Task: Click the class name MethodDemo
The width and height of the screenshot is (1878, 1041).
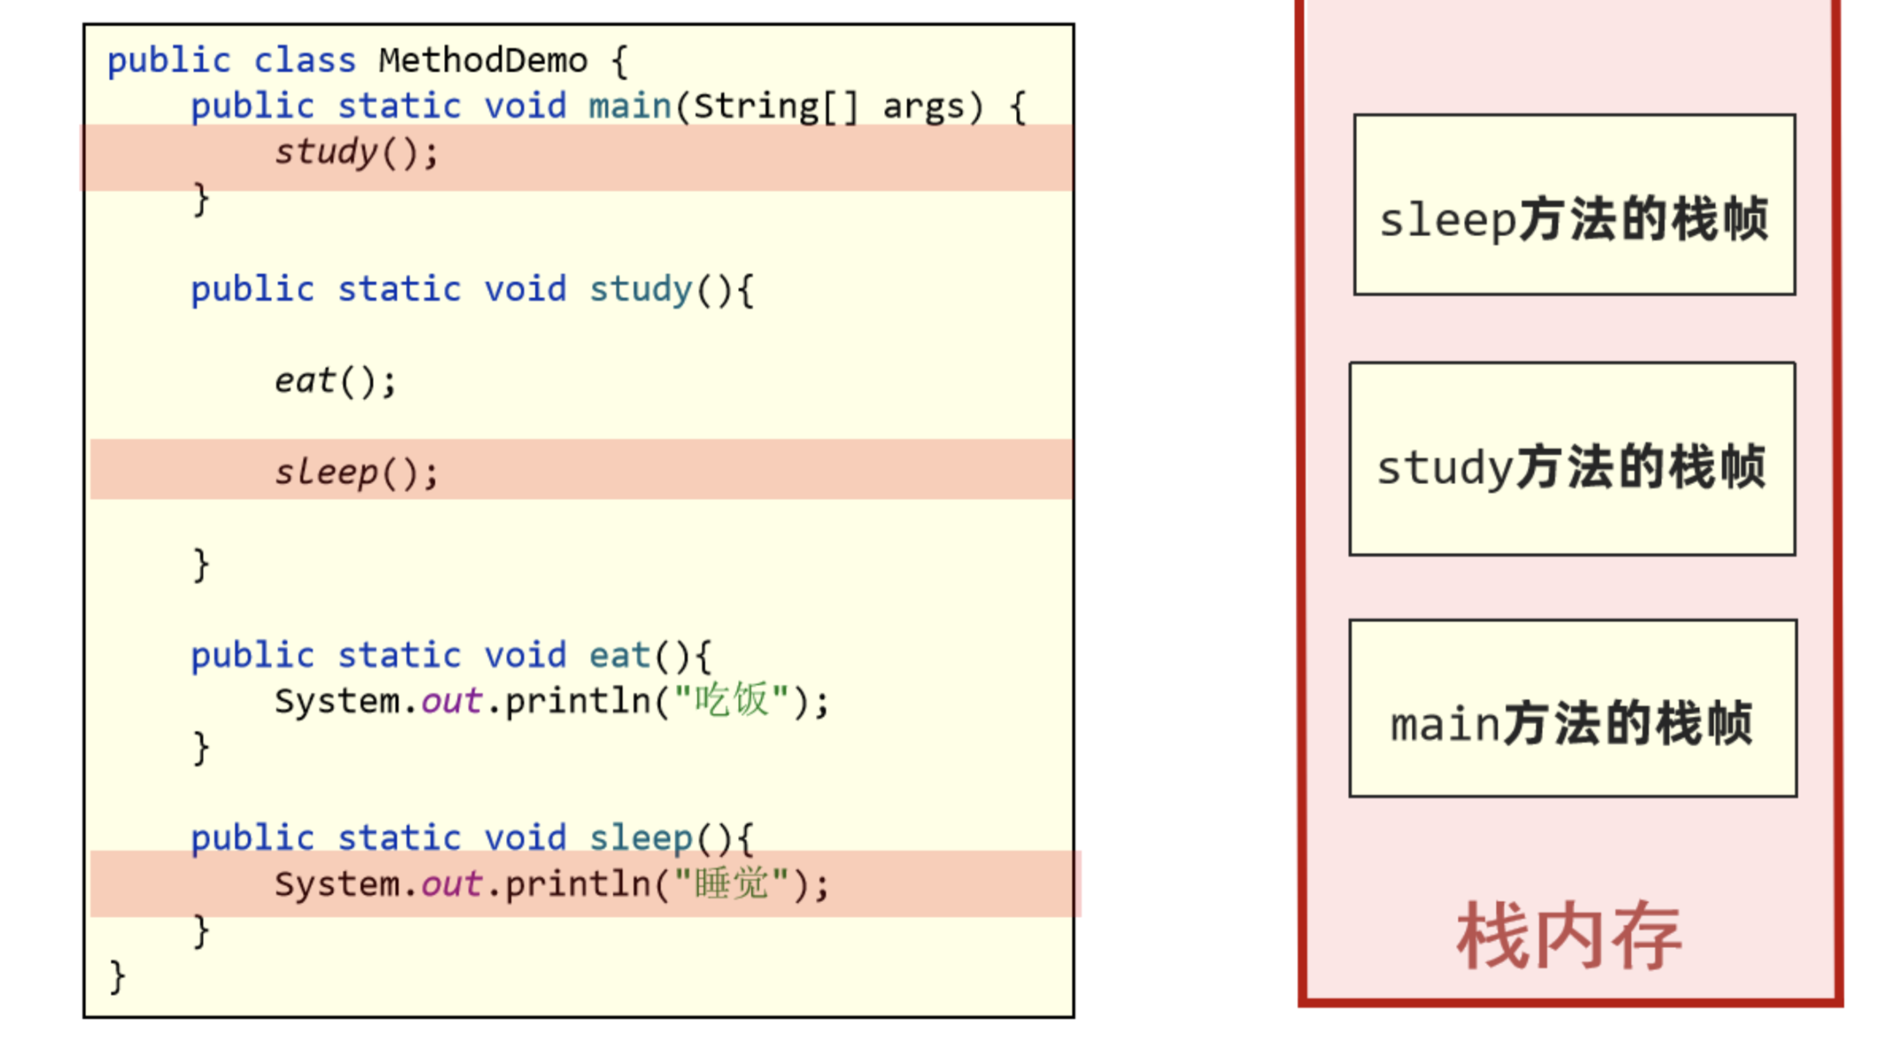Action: click(x=482, y=61)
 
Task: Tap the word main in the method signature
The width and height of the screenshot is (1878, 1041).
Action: click(x=629, y=106)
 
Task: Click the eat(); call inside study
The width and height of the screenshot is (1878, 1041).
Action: click(x=335, y=382)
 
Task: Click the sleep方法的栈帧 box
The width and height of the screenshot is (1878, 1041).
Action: click(x=1574, y=205)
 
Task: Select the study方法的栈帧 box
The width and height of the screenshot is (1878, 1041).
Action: click(x=1572, y=459)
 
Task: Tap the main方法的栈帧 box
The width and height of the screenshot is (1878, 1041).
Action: click(x=1572, y=709)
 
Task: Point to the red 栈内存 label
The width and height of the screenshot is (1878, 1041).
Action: click(x=1568, y=937)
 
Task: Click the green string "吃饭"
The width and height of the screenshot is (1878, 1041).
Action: click(x=731, y=701)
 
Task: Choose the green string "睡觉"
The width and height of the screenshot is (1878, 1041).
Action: click(x=731, y=884)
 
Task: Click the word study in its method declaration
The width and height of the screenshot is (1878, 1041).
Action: click(x=641, y=289)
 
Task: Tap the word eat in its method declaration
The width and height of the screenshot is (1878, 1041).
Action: click(x=620, y=656)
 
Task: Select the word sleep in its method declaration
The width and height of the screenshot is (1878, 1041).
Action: click(x=641, y=838)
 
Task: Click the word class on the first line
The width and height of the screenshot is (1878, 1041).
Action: click(x=304, y=61)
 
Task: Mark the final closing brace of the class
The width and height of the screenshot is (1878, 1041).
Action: click(x=117, y=977)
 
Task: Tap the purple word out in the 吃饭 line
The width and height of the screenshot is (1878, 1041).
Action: click(x=451, y=702)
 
